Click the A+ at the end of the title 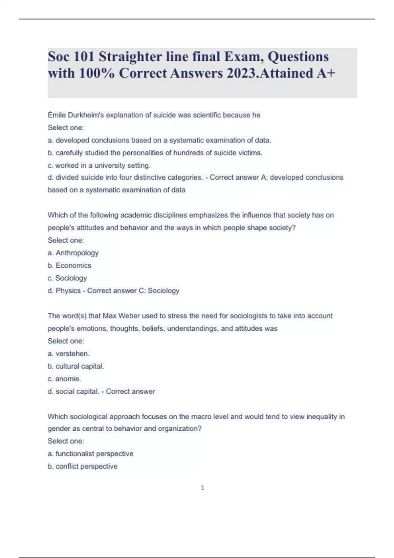point(326,73)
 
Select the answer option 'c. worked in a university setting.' point(99,165)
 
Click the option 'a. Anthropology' point(73,253)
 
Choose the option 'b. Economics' point(69,266)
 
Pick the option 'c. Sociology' point(67,278)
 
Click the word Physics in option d point(68,291)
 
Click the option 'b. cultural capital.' point(76,366)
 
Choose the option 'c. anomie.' point(64,379)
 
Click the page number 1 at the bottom point(202,488)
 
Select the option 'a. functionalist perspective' point(90,454)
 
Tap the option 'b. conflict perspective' point(82,466)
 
